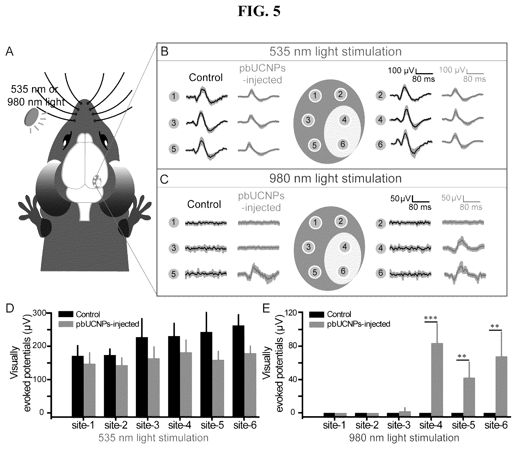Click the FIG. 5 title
[259, 11]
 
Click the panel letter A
[10, 51]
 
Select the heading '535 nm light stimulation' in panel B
[335, 51]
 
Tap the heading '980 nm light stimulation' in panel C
[335, 178]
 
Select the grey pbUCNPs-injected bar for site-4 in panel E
[437, 379]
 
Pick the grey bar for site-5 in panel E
[469, 397]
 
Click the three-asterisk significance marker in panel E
[431, 318]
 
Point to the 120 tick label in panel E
[291, 313]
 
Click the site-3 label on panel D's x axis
[148, 425]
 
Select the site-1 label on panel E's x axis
[334, 425]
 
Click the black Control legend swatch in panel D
[65, 314]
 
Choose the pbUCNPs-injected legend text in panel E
[359, 324]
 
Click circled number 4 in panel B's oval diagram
[344, 120]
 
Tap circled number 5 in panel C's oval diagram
[315, 272]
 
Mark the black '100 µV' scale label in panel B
[401, 70]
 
